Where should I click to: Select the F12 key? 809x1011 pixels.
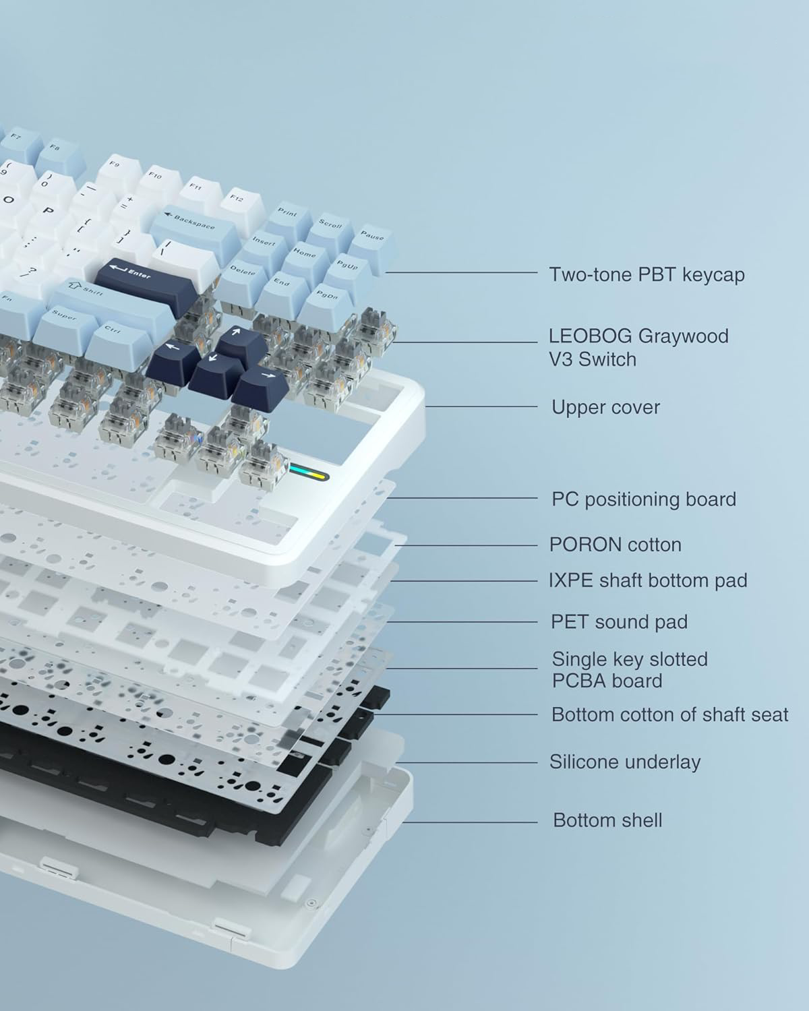click(x=241, y=205)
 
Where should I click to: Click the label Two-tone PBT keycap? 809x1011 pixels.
click(x=647, y=274)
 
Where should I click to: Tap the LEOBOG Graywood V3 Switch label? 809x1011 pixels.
click(x=639, y=348)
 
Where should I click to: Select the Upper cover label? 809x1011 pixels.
click(x=605, y=407)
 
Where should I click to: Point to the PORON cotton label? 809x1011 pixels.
click(x=616, y=545)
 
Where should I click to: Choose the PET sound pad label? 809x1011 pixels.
click(x=619, y=622)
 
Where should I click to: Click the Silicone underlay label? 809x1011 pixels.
click(x=625, y=762)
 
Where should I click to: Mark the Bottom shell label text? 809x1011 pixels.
click(x=607, y=820)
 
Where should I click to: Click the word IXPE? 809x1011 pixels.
click(x=570, y=581)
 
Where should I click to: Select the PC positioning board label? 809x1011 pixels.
click(x=644, y=499)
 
